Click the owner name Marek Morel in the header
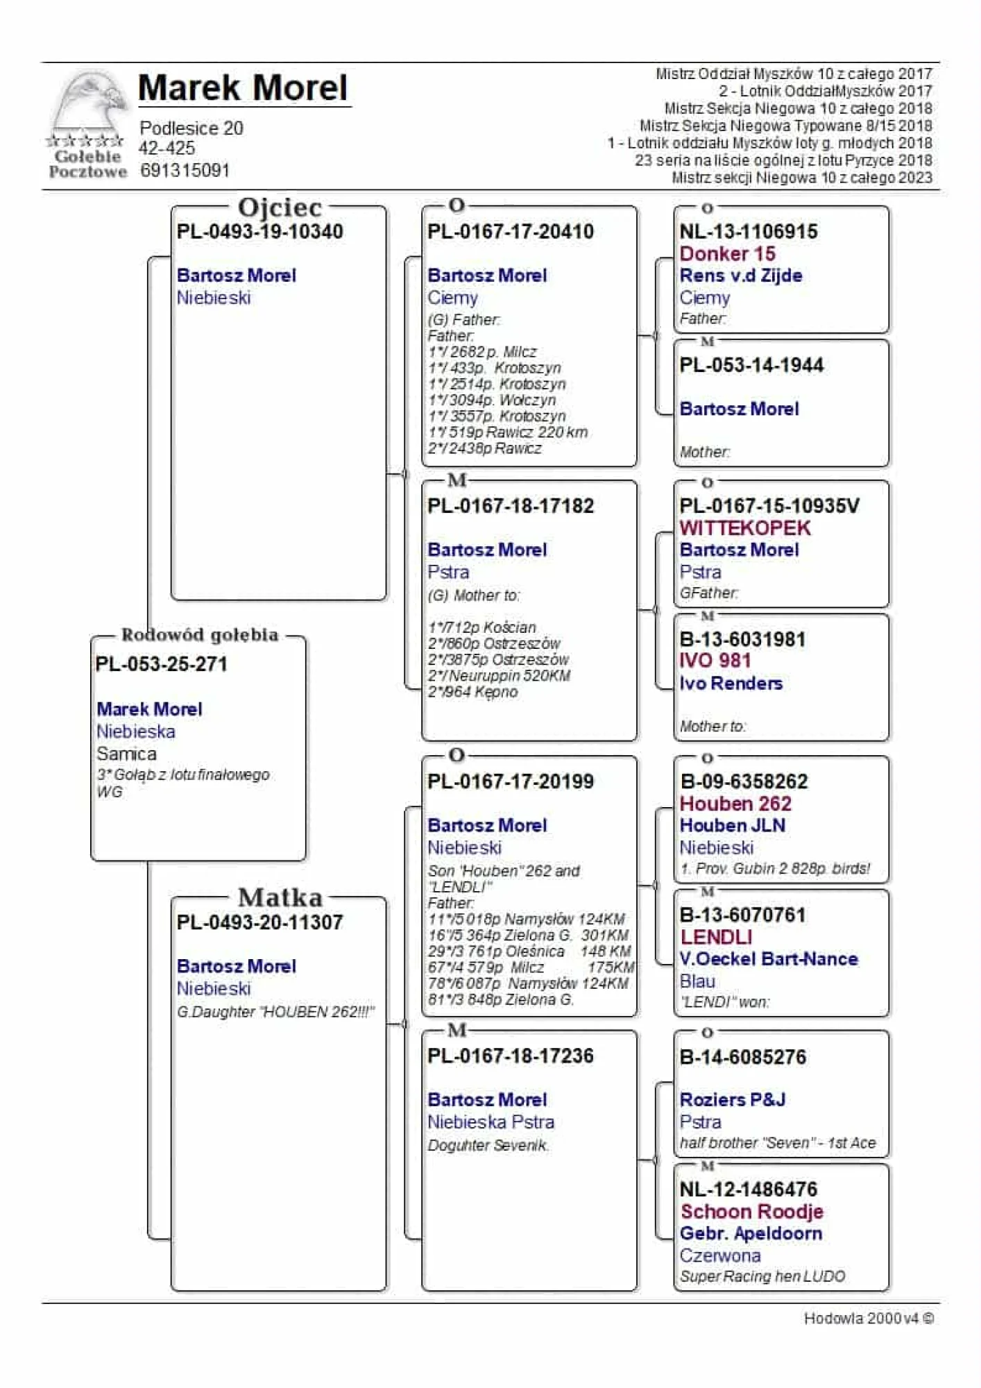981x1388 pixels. tap(243, 88)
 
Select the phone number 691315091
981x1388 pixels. tap(185, 170)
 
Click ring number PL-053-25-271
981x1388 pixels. tap(162, 664)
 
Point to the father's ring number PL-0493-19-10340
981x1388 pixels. tap(259, 232)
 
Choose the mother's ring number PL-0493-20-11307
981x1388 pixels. tap(259, 922)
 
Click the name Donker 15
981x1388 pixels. tap(727, 253)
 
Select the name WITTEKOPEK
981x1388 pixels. tap(744, 527)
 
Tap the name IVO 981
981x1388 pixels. tap(715, 661)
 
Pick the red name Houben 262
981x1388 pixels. tap(735, 804)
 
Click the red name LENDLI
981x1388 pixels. tap(716, 937)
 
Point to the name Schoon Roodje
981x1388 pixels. tap(751, 1212)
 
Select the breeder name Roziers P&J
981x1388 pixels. tap(732, 1099)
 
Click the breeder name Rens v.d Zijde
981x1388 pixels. tap(740, 276)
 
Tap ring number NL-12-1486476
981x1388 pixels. tap(749, 1190)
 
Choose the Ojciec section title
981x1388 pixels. tap(280, 207)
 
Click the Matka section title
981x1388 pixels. tap(280, 897)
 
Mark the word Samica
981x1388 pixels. tap(126, 754)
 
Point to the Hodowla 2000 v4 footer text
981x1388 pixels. tap(868, 1318)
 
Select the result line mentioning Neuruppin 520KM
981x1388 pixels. tap(499, 675)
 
